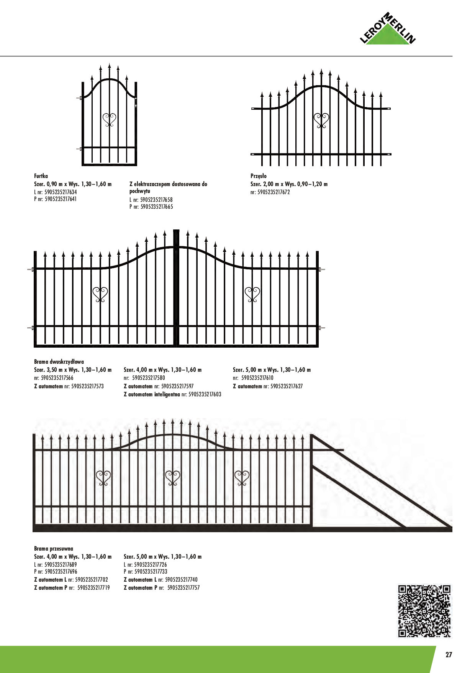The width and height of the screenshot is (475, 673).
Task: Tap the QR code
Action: (424, 611)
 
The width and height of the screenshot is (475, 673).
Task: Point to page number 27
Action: (449, 655)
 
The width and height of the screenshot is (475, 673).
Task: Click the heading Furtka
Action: (41, 176)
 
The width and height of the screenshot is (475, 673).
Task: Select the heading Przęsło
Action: (259, 176)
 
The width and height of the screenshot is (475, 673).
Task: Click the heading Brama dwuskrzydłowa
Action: (59, 361)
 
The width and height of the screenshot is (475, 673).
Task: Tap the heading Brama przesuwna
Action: (54, 549)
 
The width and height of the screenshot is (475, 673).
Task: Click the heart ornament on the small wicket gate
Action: (110, 120)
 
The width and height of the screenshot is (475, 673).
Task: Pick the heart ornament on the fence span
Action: (321, 120)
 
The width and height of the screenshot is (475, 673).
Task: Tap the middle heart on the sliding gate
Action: (173, 478)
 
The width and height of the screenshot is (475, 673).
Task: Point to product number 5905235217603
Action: (205, 394)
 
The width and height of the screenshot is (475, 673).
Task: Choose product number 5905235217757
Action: (183, 588)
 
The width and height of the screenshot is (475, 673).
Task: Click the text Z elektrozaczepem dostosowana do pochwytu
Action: (168, 187)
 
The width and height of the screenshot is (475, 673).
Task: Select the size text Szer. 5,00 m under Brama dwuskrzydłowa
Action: (272, 370)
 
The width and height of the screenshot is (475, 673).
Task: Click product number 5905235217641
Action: (61, 199)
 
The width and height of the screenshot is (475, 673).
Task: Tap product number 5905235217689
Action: (61, 564)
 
